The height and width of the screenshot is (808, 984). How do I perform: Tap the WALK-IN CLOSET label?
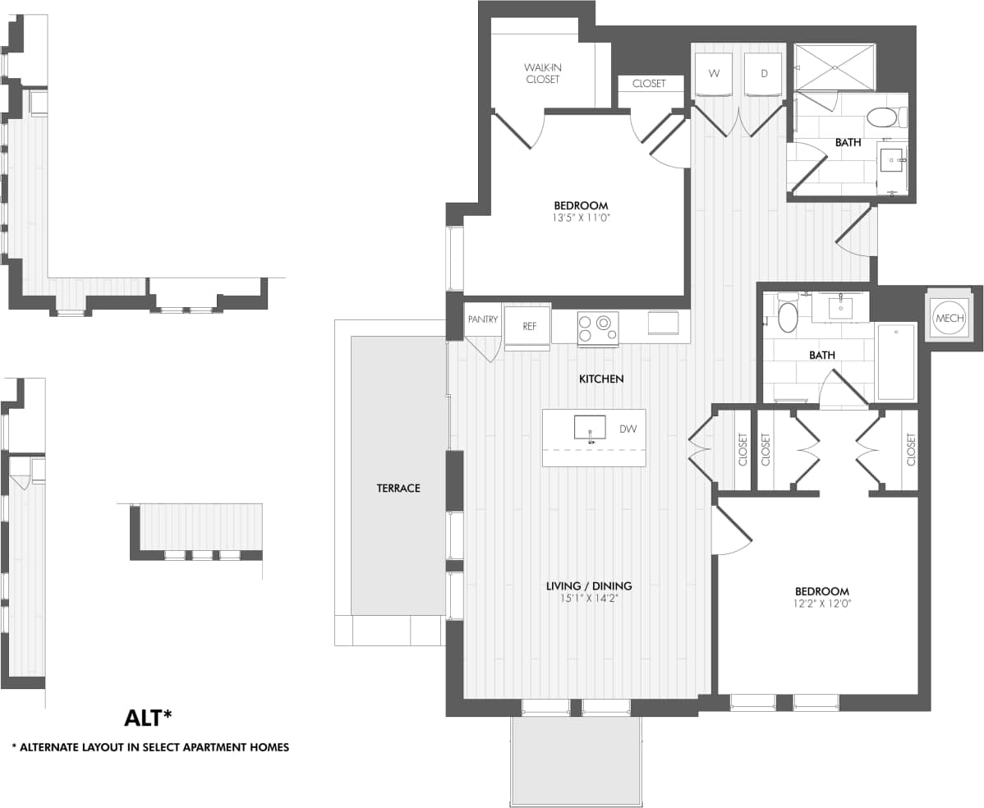point(542,73)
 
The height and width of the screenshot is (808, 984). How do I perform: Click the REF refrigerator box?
point(529,326)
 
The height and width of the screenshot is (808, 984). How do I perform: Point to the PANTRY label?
point(482,319)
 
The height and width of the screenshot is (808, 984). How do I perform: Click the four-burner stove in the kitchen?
point(598,327)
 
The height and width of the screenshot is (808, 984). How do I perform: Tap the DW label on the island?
point(628,429)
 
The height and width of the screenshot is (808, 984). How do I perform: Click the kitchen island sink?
point(590,428)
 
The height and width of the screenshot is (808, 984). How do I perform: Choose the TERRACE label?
point(398,488)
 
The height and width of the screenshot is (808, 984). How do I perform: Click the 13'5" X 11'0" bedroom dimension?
point(581,218)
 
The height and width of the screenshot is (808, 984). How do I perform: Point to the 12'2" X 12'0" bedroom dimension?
point(821,604)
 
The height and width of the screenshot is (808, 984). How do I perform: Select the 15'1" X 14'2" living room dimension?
point(589,599)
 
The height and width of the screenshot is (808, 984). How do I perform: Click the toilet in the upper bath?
point(883,117)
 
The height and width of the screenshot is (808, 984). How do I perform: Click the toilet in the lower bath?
point(787,315)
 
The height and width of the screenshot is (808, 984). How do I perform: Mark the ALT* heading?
point(148,718)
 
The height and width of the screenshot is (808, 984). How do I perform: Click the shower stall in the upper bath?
point(835,67)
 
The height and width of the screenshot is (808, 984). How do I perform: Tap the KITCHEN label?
point(601,379)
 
